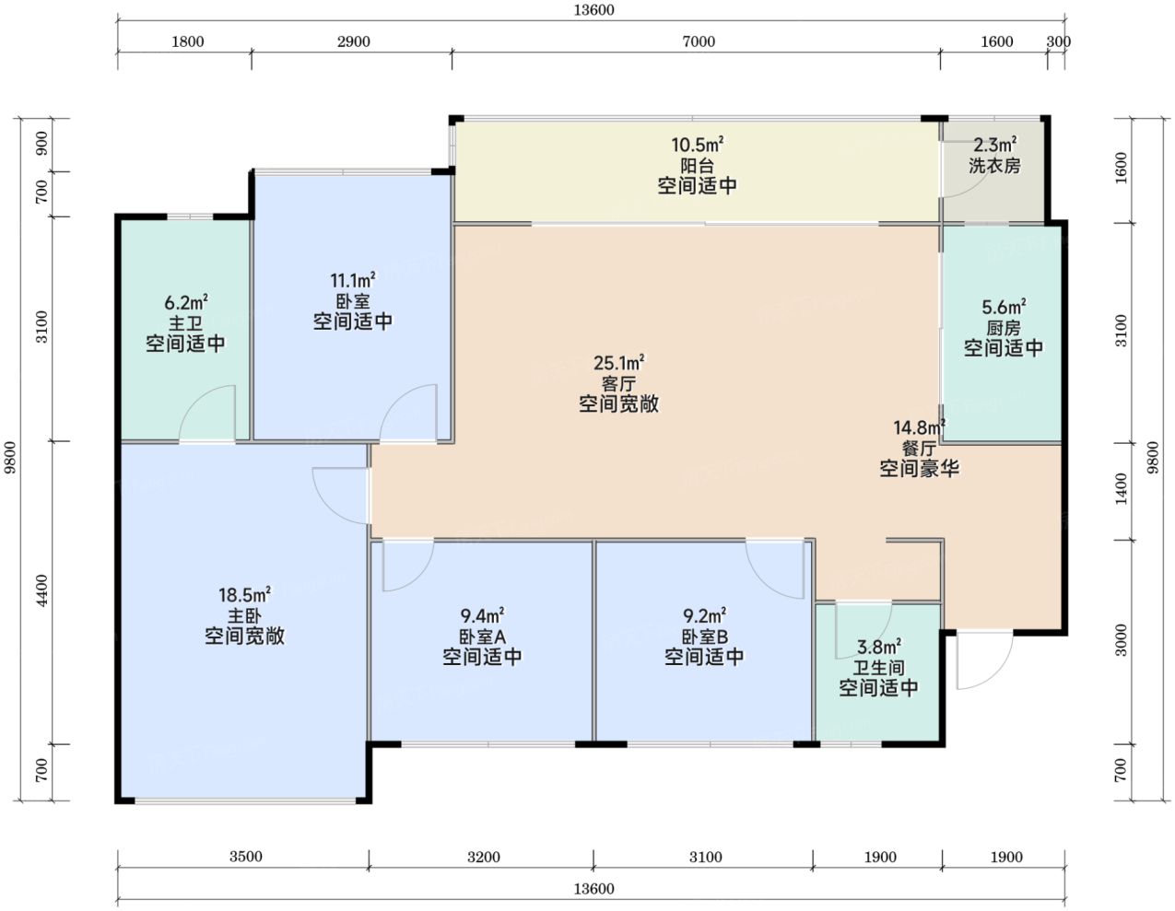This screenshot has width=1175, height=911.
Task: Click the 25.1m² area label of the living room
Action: (x=618, y=363)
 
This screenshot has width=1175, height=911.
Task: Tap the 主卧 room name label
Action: (x=244, y=616)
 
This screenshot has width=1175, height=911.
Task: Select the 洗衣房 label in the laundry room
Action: (x=994, y=165)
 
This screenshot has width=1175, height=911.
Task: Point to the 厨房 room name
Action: (x=1003, y=328)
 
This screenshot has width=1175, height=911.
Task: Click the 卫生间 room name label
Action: (x=878, y=668)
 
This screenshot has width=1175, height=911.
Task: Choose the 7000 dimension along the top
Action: (x=699, y=41)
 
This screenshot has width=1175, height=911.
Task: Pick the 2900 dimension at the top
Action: (x=354, y=41)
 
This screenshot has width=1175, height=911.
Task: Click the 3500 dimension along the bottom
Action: (x=245, y=857)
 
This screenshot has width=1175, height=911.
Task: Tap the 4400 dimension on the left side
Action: (x=41, y=590)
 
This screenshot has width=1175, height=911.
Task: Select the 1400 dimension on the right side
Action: (x=1122, y=489)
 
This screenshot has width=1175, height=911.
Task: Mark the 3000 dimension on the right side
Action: (x=1122, y=640)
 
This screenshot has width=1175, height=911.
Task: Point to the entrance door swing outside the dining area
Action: (x=996, y=674)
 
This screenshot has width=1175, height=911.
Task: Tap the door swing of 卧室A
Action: (x=420, y=575)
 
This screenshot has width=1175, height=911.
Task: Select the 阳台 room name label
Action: (x=698, y=165)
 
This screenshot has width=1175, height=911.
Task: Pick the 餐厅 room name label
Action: (x=919, y=449)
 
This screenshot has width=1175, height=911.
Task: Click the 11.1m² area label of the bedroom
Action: (x=353, y=280)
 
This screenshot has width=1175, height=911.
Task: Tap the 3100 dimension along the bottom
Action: (x=706, y=857)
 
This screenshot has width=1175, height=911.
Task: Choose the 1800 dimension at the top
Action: (x=188, y=41)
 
